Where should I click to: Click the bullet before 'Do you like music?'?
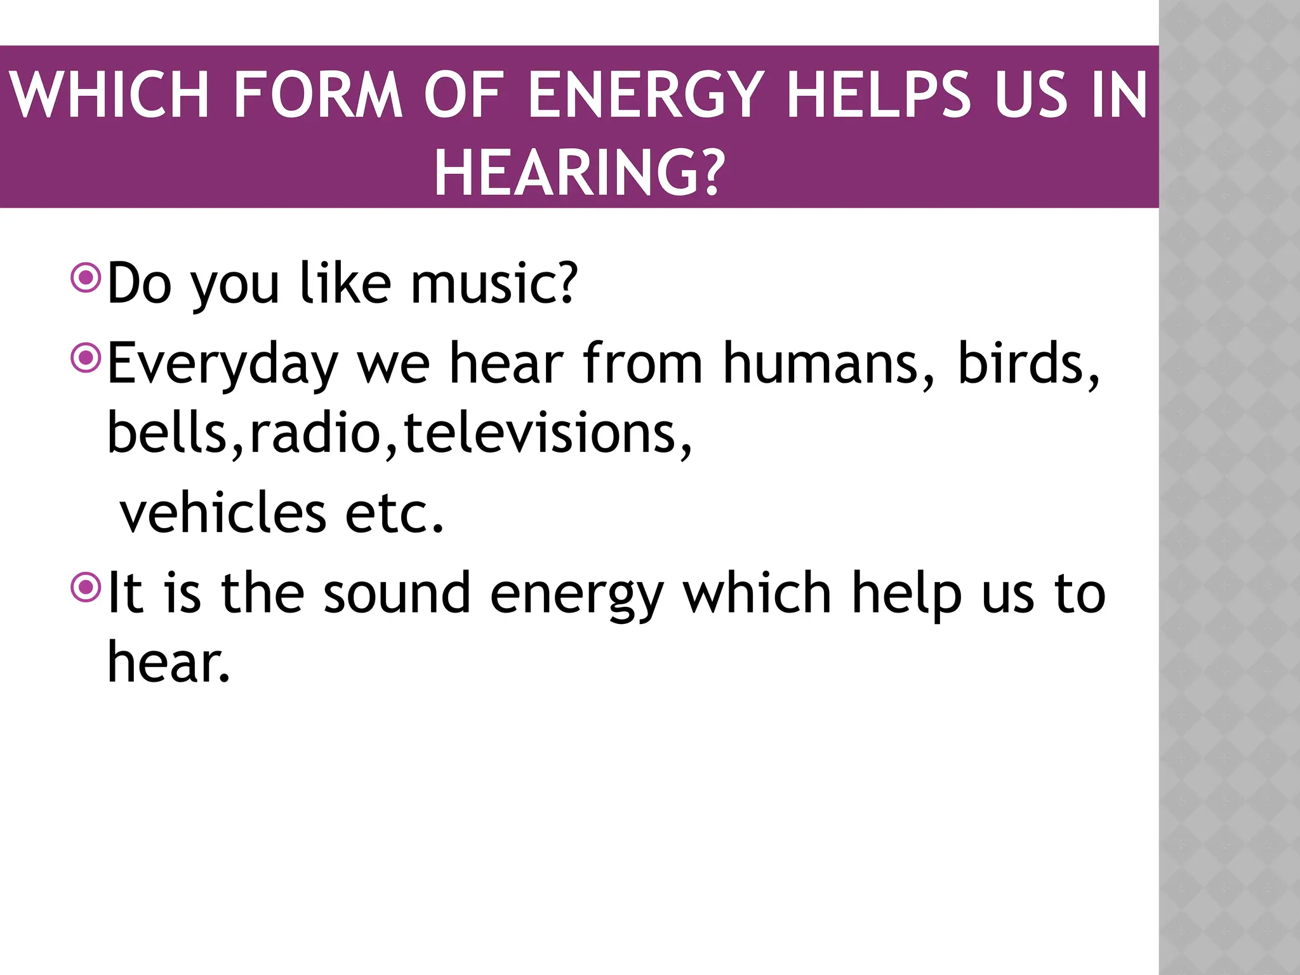click(86, 277)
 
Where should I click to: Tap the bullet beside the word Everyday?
click(86, 357)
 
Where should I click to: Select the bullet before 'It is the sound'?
click(86, 587)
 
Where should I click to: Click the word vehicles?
click(223, 513)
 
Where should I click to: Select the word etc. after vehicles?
click(394, 513)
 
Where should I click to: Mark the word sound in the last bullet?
click(397, 594)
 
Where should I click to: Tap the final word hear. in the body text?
click(168, 663)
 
